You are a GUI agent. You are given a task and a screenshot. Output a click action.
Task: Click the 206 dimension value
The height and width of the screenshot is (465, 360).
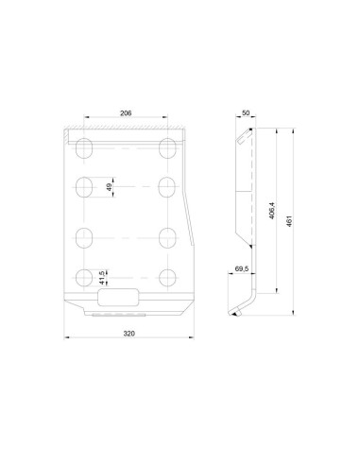[x=126, y=113]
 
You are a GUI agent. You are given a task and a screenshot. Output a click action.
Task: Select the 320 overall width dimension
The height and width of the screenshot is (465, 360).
[x=129, y=334]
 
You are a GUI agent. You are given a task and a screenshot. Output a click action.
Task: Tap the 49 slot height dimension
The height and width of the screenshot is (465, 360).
[x=110, y=187]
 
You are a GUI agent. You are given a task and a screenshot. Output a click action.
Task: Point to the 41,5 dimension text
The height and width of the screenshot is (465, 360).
[x=102, y=278]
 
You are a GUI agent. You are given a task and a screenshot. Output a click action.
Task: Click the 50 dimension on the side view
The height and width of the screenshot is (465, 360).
[x=246, y=112]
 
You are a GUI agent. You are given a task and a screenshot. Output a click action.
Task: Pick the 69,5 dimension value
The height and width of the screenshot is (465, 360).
[x=242, y=268]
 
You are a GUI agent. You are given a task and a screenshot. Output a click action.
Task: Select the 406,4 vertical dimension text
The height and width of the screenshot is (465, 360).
[x=272, y=211]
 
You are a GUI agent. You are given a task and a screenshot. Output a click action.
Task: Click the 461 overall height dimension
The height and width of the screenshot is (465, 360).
[x=289, y=221]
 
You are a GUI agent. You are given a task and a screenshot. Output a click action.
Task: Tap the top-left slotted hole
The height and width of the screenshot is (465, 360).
[x=84, y=148]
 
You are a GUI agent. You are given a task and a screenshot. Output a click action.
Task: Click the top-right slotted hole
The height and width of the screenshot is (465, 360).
[x=167, y=148]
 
